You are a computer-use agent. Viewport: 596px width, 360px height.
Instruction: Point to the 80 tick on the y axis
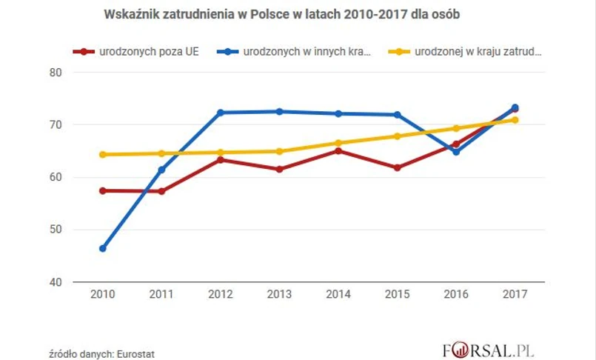pyautogui.click(x=56, y=73)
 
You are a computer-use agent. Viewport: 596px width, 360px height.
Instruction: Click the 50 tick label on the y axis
pyautogui.click(x=56, y=230)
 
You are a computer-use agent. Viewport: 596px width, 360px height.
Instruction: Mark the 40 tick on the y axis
pyautogui.click(x=56, y=282)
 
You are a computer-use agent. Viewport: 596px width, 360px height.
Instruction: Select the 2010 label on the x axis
pyautogui.click(x=102, y=295)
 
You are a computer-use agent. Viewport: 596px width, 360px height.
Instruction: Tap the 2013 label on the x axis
pyautogui.click(x=279, y=295)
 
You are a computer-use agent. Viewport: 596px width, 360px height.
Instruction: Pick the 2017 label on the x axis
pyautogui.click(x=515, y=295)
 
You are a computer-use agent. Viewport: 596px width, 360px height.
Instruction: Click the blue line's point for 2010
pyautogui.click(x=102, y=248)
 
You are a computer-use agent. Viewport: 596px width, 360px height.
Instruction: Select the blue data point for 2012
pyautogui.click(x=220, y=113)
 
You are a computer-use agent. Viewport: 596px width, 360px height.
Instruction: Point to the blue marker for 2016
pyautogui.click(x=456, y=152)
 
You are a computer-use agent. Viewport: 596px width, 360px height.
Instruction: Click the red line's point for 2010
pyautogui.click(x=102, y=190)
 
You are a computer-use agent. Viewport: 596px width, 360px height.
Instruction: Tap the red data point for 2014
pyautogui.click(x=338, y=151)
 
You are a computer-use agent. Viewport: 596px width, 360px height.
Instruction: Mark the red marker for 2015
pyautogui.click(x=397, y=168)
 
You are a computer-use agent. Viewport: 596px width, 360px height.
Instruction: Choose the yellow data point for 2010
pyautogui.click(x=102, y=155)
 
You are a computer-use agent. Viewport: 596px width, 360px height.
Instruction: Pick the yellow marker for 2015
pyautogui.click(x=397, y=136)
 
